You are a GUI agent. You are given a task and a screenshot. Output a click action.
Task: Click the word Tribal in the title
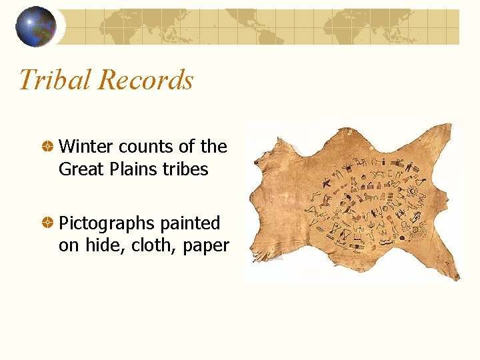pyautogui.click(x=55, y=80)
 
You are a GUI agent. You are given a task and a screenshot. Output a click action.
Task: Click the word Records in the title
pyautogui.click(x=145, y=80)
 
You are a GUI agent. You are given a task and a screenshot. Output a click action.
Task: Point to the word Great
pyautogui.click(x=78, y=169)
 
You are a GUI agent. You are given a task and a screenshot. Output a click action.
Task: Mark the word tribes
pyautogui.click(x=186, y=169)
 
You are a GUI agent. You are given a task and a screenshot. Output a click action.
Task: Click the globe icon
pyautogui.click(x=36, y=27)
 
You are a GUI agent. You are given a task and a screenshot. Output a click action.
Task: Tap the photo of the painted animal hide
pyautogui.click(x=353, y=200)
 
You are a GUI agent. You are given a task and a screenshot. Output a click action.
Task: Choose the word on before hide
pyautogui.click(x=67, y=246)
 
